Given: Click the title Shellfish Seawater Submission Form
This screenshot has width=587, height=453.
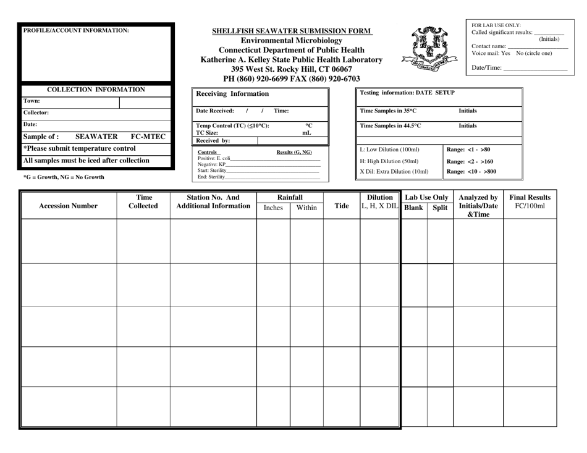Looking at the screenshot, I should point(292,30).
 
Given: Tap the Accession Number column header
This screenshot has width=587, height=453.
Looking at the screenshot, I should point(68,206).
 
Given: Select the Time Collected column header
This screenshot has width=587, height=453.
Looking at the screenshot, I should point(143,201).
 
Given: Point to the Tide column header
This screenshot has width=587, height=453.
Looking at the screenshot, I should point(341,206).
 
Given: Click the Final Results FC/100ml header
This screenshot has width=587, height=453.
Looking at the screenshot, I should point(530,201).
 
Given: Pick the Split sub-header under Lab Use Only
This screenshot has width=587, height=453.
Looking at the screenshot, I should point(439,208).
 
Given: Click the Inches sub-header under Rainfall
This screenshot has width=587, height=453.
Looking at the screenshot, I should point(273,208).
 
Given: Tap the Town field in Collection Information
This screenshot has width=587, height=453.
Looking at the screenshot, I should point(70,102).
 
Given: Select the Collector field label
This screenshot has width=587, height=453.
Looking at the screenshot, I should point(36,113).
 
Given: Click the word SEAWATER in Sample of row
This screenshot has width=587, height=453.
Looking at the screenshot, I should point(96,137).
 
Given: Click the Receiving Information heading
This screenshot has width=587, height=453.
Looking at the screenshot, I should point(232,94).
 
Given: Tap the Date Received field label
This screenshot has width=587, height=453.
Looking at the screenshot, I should point(215,111).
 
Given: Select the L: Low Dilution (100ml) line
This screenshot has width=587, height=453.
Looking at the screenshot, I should point(389,150).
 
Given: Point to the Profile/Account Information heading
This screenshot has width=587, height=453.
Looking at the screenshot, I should point(76,30).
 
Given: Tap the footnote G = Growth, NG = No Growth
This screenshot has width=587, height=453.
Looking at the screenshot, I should point(64,177).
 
